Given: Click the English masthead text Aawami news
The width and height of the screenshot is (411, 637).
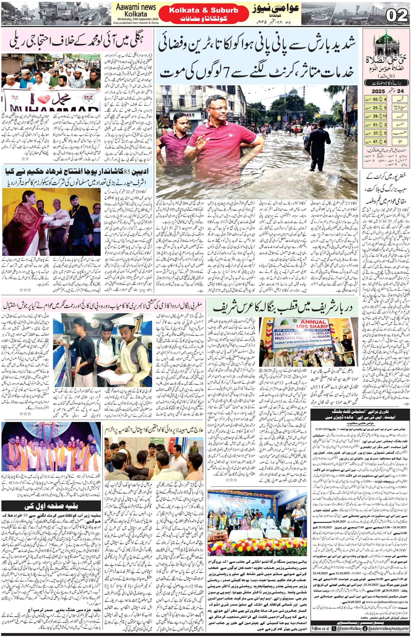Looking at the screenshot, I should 136,7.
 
